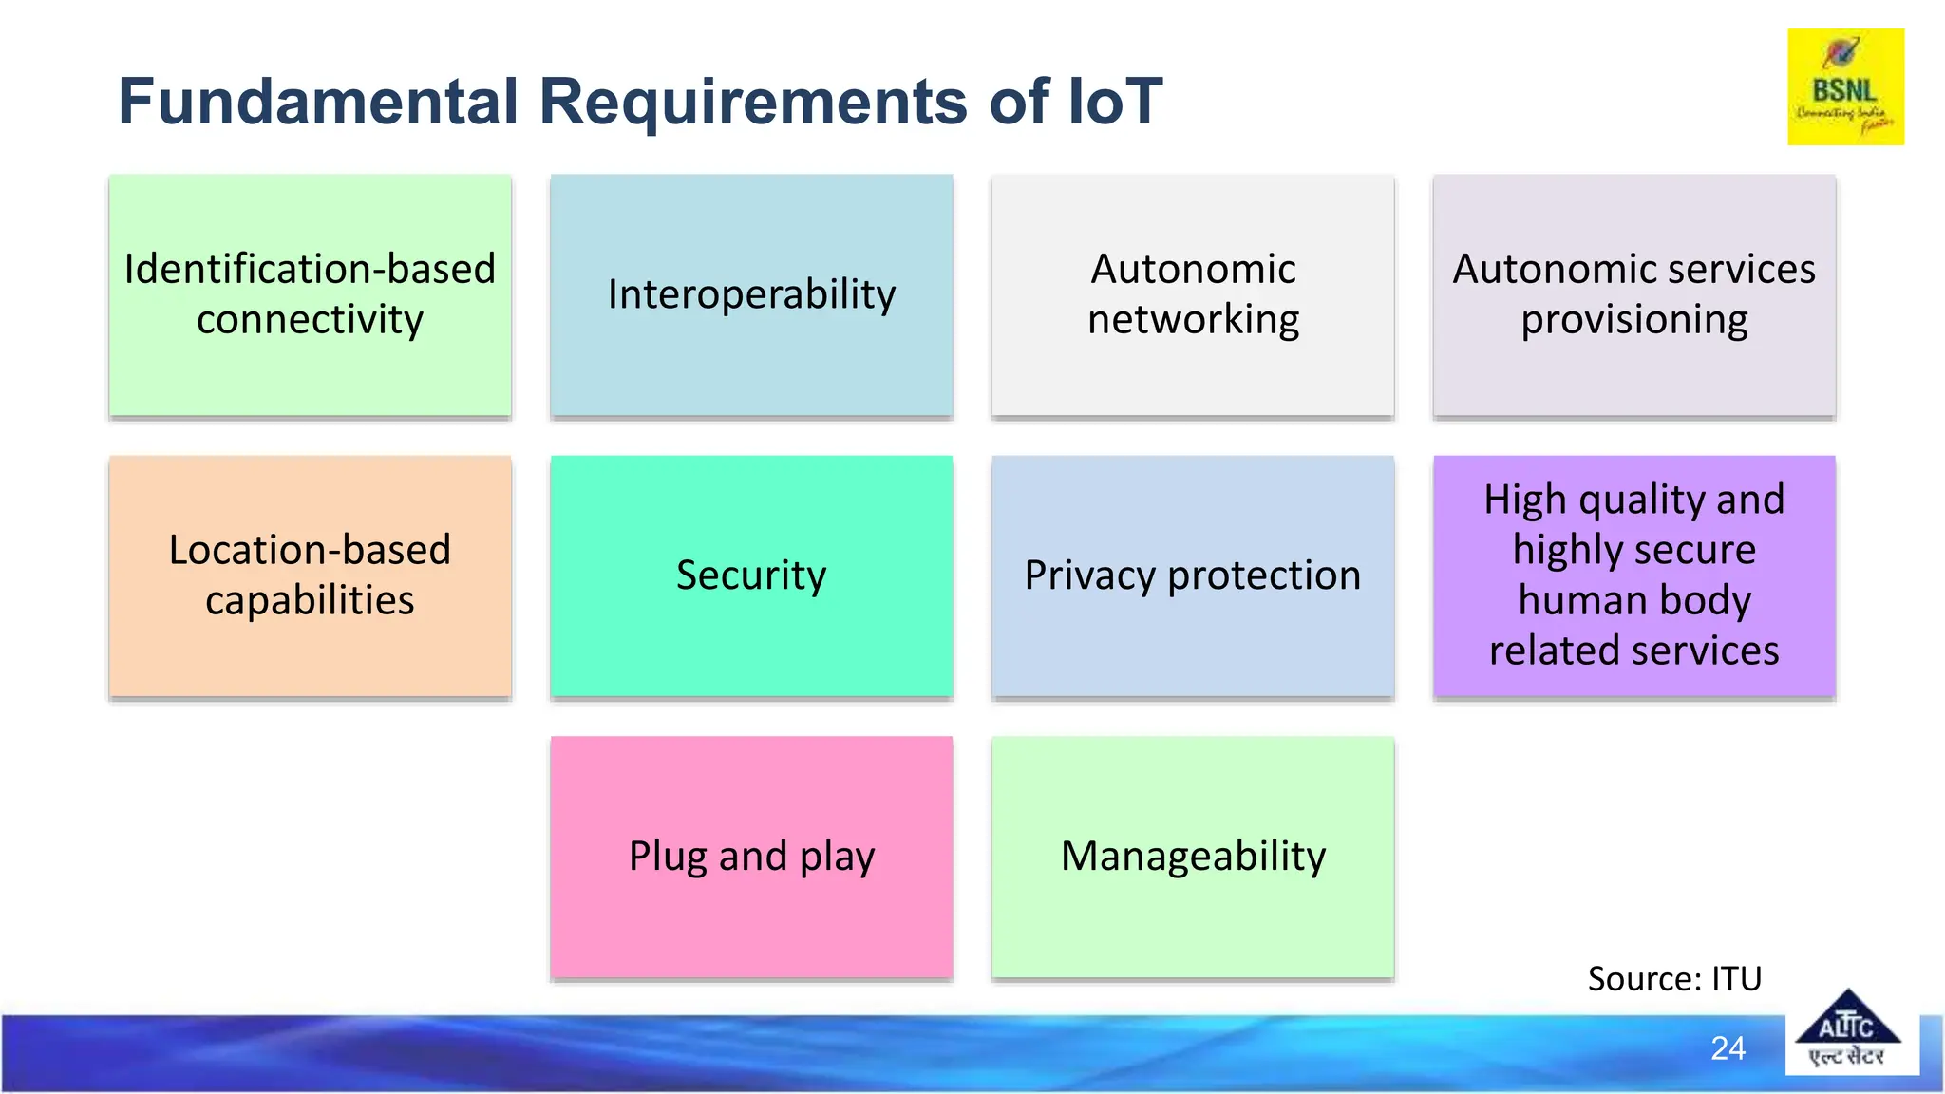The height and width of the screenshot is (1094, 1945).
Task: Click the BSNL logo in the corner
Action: pos(1844,87)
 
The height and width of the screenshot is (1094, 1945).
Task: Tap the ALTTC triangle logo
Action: pos(1846,1031)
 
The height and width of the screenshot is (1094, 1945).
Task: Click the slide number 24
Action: pos(1728,1048)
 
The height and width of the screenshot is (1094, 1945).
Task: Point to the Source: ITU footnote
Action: pos(1673,979)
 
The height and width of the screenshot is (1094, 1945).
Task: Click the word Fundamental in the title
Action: pos(318,102)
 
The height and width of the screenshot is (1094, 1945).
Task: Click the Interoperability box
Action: pos(751,294)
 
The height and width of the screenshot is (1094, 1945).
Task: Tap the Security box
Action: pos(751,575)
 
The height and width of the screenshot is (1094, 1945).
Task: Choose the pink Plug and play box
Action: pos(751,857)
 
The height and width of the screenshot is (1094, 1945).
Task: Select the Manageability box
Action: pos(1193,857)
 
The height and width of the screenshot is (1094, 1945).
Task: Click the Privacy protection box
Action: pos(1193,575)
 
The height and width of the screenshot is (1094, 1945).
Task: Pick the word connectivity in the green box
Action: pos(310,320)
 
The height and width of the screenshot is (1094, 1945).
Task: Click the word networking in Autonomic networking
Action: pos(1193,320)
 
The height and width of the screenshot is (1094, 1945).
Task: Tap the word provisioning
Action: pos(1633,320)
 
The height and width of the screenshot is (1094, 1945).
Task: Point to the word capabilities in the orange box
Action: pos(310,601)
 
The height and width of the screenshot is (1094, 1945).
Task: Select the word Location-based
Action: pos(310,550)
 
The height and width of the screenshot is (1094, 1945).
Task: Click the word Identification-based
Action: pos(310,270)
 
